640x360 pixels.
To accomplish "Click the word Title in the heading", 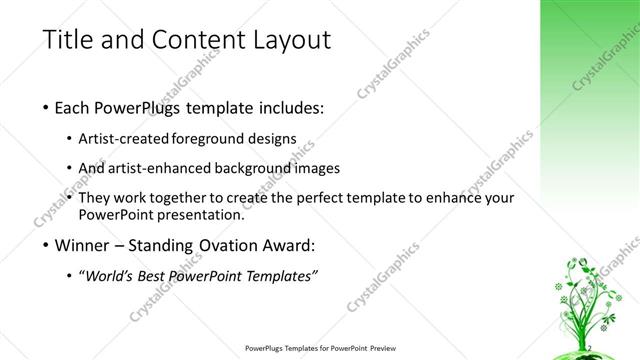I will pyautogui.click(x=69, y=40).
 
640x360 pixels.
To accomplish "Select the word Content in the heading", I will pyautogui.click(x=193, y=40).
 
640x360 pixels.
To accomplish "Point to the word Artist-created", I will pyautogui.click(x=130, y=138).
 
